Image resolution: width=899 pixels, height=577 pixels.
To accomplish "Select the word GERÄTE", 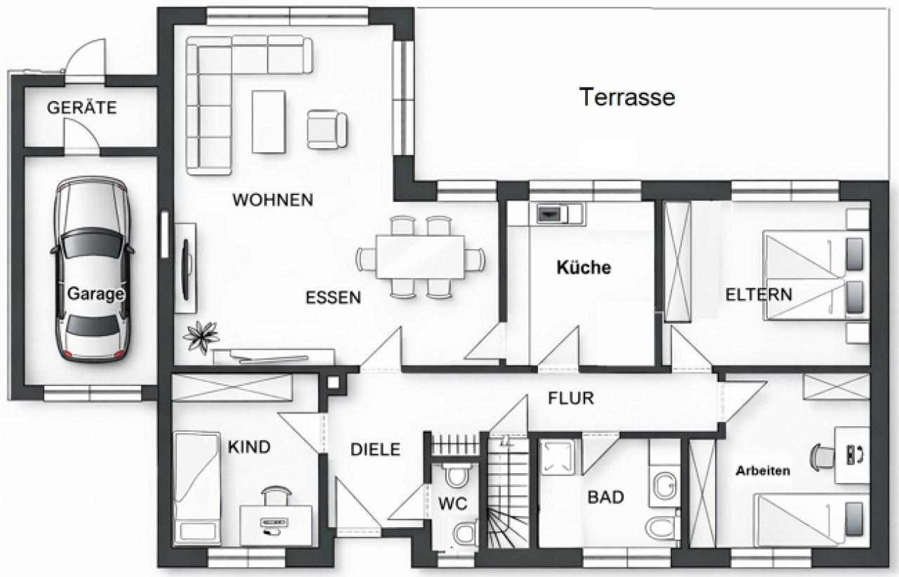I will pyautogui.click(x=81, y=108).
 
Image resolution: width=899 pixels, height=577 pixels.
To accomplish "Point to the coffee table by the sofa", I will pyautogui.click(x=269, y=121).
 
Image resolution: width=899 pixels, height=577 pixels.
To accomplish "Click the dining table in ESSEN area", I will pyautogui.click(x=420, y=257).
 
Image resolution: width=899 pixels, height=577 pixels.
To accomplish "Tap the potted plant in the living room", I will pyautogui.click(x=201, y=336).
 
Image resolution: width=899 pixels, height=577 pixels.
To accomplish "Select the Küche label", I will pyautogui.click(x=584, y=267).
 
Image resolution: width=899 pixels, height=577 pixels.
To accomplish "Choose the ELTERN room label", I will pyautogui.click(x=759, y=294).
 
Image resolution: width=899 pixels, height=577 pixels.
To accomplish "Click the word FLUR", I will pyautogui.click(x=570, y=399).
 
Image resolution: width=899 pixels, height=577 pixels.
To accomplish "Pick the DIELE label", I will pyautogui.click(x=375, y=449).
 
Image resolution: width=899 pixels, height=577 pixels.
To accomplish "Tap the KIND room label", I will pyautogui.click(x=249, y=447).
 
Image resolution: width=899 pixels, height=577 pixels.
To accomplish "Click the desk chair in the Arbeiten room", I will pyautogui.click(x=821, y=456).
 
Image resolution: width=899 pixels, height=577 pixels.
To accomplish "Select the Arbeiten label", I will pyautogui.click(x=763, y=471).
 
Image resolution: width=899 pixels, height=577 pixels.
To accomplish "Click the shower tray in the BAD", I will pyautogui.click(x=560, y=456).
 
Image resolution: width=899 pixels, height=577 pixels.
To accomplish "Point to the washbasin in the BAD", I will pyautogui.click(x=664, y=485).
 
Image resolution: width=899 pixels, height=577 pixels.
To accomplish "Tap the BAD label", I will pyautogui.click(x=605, y=498).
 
